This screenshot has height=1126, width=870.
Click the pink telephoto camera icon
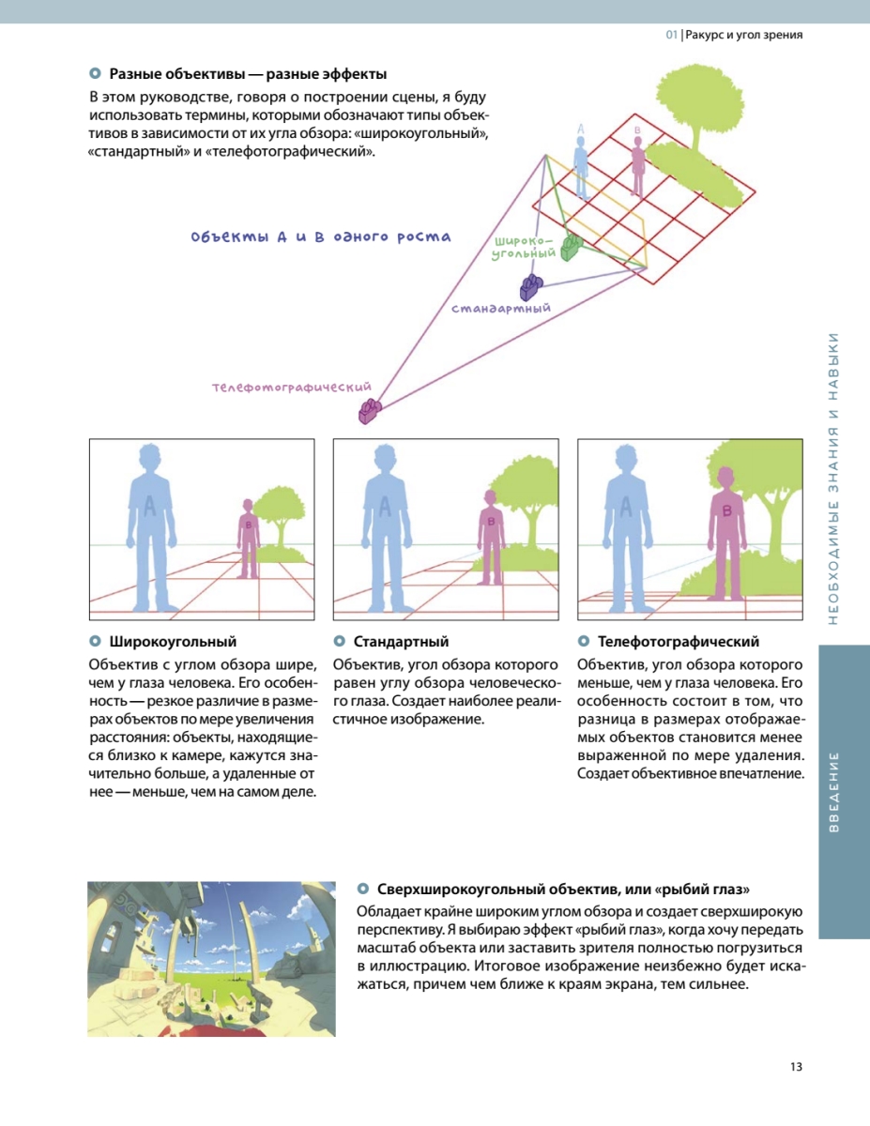370,411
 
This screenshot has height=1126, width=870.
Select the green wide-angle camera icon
572,247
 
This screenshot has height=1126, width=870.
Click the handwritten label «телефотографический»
291,387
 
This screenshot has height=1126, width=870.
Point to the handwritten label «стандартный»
500,308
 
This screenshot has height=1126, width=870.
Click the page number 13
795,1067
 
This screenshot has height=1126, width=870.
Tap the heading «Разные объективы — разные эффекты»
248,74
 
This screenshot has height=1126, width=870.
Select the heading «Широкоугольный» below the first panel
173,642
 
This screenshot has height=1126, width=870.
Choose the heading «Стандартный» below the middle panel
401,642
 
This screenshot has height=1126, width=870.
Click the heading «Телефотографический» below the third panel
678,642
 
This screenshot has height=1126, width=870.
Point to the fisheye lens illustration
211,958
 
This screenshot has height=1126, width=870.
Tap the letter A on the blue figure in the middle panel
385,506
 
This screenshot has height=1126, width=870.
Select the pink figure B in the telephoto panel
726,530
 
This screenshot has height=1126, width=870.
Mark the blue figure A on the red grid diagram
581,164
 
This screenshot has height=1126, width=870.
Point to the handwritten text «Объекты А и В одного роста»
321,237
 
